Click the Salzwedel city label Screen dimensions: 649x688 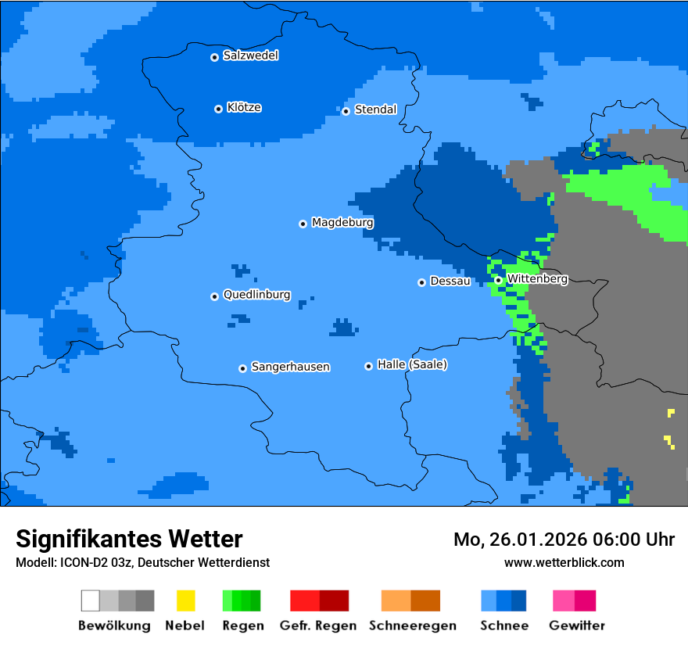[x=250, y=56]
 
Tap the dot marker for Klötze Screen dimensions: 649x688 [x=218, y=109]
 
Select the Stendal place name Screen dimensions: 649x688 [x=375, y=109]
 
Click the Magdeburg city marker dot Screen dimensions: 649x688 [x=303, y=224]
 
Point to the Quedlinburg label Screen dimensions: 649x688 [x=256, y=295]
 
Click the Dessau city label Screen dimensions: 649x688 [x=450, y=281]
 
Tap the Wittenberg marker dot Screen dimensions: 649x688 [x=498, y=280]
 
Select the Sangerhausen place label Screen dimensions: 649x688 [x=290, y=367]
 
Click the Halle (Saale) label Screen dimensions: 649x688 [x=412, y=364]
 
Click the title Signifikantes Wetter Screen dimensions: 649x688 [x=129, y=539]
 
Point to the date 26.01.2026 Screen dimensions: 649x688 [x=539, y=540]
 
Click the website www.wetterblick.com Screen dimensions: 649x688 [x=564, y=562]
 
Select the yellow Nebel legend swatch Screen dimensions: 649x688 [x=185, y=601]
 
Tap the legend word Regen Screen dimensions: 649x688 [x=242, y=626]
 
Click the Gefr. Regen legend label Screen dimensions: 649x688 [x=319, y=626]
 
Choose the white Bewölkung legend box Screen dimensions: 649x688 [x=91, y=601]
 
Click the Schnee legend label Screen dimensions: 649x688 [x=503, y=626]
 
